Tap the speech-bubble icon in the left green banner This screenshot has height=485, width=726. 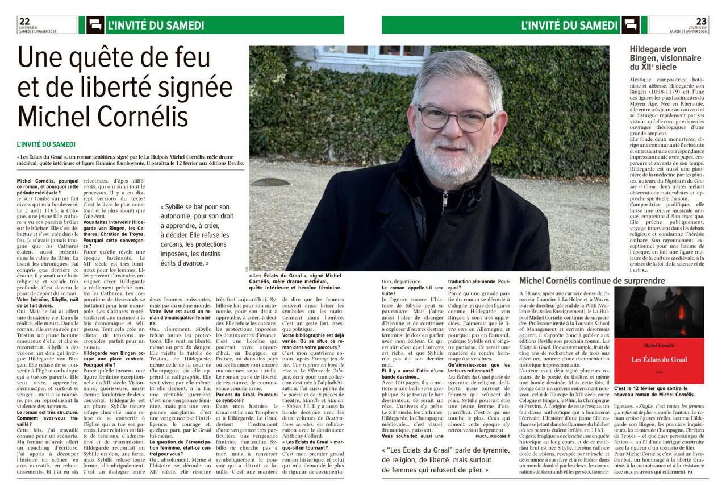95,25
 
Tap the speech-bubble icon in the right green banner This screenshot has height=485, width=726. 630,25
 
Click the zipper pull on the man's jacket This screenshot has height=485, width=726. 447,199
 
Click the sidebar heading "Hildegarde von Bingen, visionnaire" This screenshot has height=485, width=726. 665,58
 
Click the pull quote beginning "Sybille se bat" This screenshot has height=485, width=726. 195,235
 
